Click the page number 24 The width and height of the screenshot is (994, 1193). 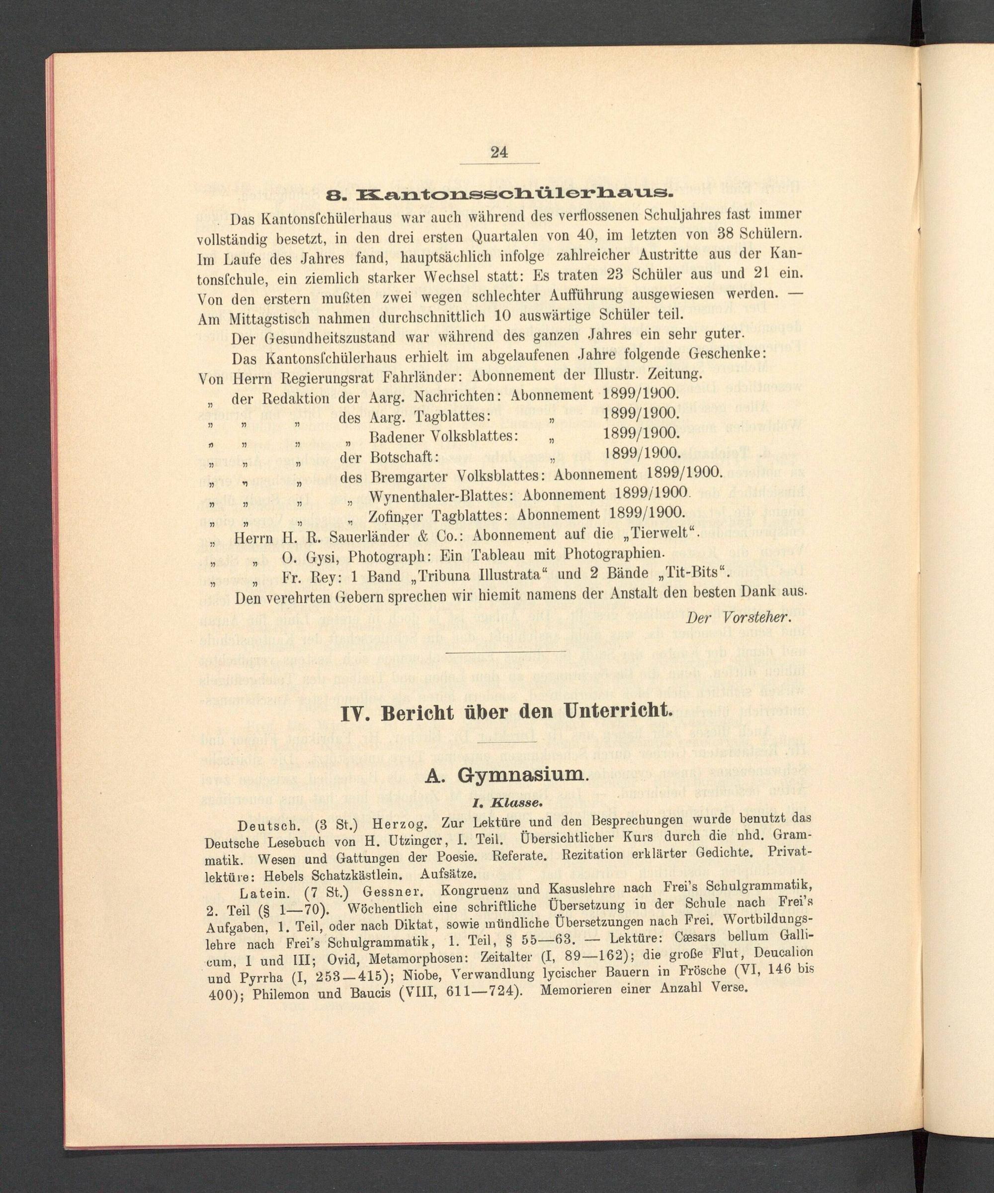499,152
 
